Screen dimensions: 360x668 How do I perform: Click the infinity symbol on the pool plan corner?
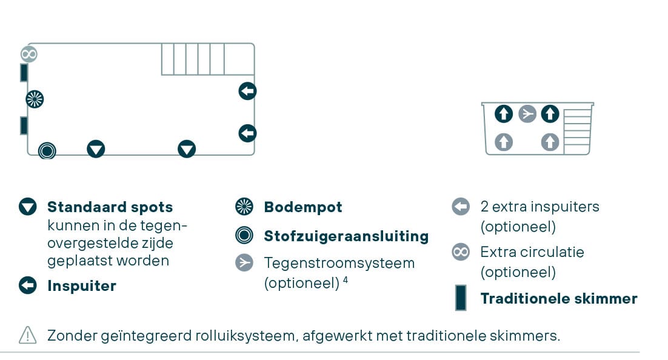(x=29, y=54)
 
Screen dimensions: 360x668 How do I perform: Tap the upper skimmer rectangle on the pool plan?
(x=24, y=73)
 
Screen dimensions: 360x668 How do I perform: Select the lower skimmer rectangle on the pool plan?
(x=24, y=125)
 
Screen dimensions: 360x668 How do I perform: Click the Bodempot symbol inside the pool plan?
(x=35, y=99)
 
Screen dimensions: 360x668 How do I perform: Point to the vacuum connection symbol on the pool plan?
(x=47, y=150)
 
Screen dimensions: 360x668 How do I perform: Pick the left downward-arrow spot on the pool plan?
(x=96, y=148)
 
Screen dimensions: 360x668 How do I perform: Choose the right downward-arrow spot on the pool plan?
(x=187, y=148)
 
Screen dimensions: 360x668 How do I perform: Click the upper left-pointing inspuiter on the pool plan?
(x=247, y=92)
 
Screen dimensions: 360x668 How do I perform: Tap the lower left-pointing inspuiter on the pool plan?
(x=247, y=133)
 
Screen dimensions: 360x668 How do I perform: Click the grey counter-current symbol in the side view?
(x=527, y=113)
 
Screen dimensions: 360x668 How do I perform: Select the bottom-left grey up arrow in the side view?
(x=504, y=142)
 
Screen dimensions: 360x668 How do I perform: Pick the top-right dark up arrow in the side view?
(x=550, y=113)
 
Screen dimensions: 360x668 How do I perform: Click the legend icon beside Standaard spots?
(x=28, y=207)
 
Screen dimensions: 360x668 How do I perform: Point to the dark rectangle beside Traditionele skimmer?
(x=461, y=298)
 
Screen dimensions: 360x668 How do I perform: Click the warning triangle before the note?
(x=28, y=335)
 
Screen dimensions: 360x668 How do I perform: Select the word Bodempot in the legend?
(x=303, y=207)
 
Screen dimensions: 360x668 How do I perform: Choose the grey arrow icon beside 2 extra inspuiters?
(x=461, y=207)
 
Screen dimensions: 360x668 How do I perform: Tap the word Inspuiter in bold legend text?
(x=82, y=286)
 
